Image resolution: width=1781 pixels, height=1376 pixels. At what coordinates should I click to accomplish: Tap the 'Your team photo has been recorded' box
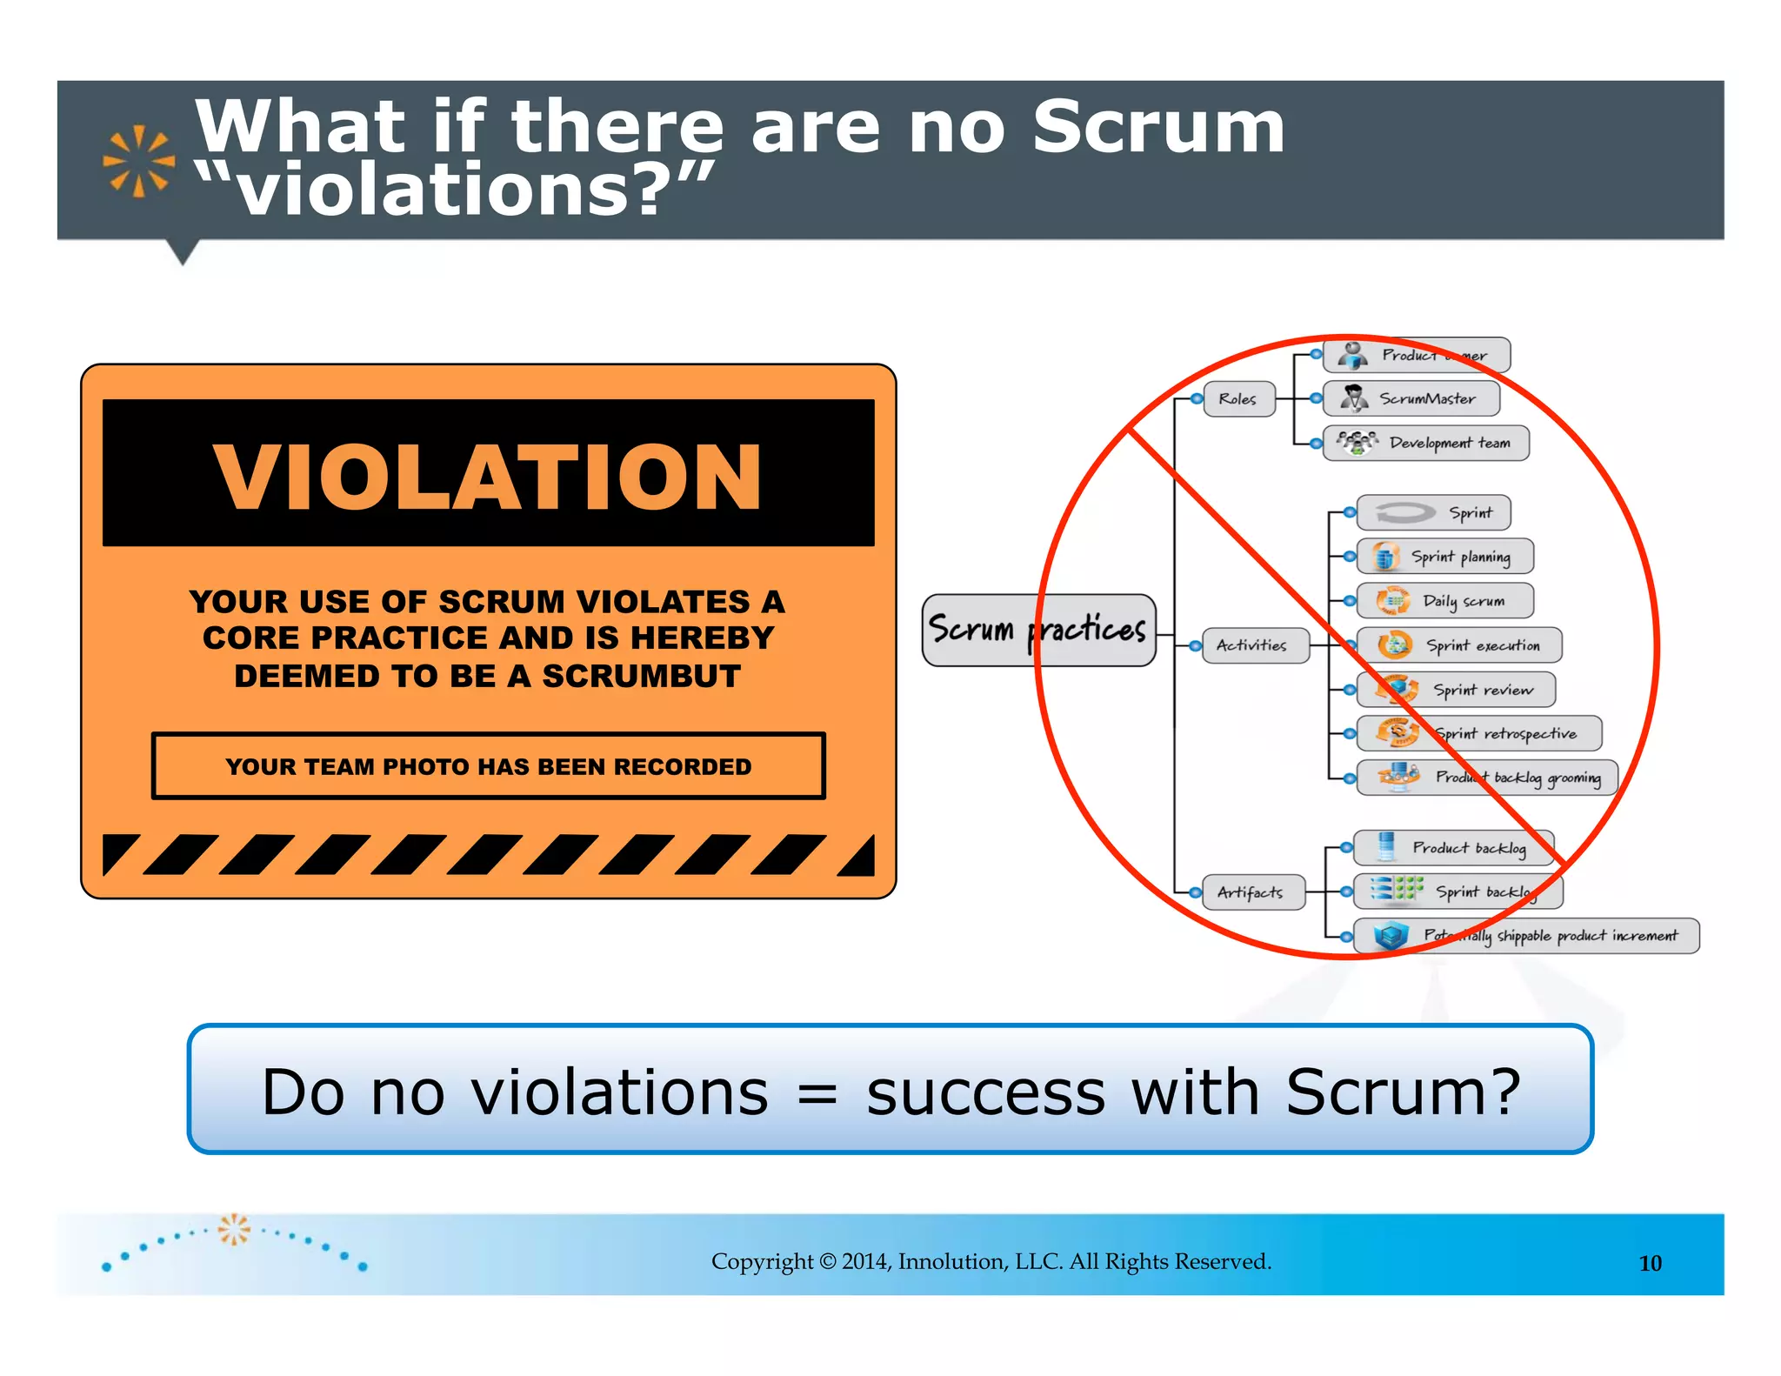(x=488, y=766)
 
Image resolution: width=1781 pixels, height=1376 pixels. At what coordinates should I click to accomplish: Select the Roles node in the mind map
(x=1238, y=399)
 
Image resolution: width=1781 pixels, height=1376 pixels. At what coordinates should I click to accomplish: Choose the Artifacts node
(x=1251, y=892)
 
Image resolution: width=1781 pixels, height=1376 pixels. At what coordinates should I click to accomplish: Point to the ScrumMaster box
(x=1411, y=398)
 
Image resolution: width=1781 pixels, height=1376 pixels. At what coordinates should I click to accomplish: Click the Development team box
(x=1425, y=443)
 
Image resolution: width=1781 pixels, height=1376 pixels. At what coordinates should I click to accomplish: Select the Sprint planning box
(x=1444, y=557)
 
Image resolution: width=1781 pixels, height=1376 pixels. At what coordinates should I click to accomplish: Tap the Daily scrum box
(x=1444, y=601)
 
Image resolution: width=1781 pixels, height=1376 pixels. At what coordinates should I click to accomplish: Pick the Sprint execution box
(x=1459, y=645)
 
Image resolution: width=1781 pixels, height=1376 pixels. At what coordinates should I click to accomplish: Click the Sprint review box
(x=1456, y=690)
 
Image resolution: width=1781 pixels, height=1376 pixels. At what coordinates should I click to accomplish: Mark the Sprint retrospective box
(x=1478, y=733)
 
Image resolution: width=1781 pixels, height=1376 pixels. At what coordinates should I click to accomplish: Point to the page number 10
(x=1650, y=1263)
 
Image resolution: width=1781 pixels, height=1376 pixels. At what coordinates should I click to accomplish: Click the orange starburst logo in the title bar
(x=138, y=161)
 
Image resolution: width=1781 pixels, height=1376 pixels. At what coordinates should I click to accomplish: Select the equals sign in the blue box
(x=817, y=1093)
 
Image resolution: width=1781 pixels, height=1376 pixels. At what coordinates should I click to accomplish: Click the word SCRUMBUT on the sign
(x=642, y=676)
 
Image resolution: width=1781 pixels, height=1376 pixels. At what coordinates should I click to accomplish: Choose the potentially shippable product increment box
(x=1526, y=936)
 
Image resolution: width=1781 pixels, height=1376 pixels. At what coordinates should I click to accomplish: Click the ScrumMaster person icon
(x=1352, y=398)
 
